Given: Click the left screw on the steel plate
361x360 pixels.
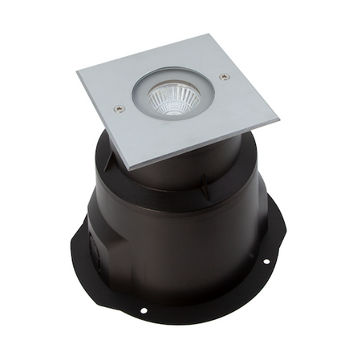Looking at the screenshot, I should point(120,107).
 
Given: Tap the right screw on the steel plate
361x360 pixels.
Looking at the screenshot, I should point(224,77).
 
